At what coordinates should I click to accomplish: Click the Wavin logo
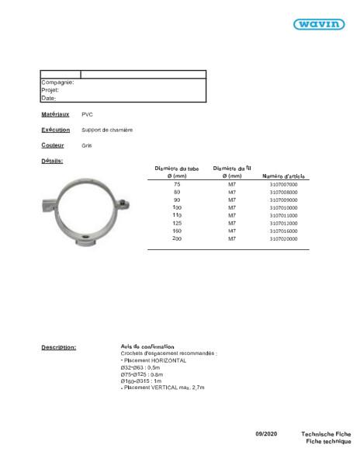(318, 24)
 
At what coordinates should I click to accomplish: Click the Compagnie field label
(57, 82)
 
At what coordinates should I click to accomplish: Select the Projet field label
(50, 90)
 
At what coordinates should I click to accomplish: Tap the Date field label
(48, 99)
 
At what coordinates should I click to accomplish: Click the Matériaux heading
(55, 114)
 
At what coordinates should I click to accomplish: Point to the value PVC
(87, 115)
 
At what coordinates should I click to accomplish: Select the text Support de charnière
(107, 130)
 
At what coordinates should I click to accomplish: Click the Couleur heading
(52, 145)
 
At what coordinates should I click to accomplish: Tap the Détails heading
(52, 161)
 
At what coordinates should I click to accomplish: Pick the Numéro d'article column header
(286, 176)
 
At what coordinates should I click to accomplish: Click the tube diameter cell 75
(177, 184)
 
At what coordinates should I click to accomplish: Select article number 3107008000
(283, 192)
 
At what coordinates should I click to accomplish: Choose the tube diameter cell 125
(177, 223)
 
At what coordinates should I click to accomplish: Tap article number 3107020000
(283, 238)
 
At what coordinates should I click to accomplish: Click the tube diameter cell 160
(177, 231)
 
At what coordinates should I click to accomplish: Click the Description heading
(58, 347)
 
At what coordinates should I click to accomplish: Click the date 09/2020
(265, 433)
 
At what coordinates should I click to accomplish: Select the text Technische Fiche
(326, 433)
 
